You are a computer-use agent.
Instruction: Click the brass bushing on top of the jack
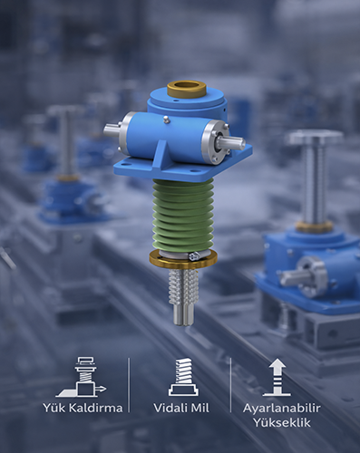(x=187, y=88)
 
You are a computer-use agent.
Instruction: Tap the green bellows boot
(x=183, y=215)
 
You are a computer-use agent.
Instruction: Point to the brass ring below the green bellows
(x=183, y=261)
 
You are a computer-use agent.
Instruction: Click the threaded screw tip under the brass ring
(x=183, y=297)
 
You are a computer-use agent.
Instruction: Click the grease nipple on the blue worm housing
(x=165, y=120)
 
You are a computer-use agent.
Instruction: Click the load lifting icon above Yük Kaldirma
(x=82, y=377)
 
